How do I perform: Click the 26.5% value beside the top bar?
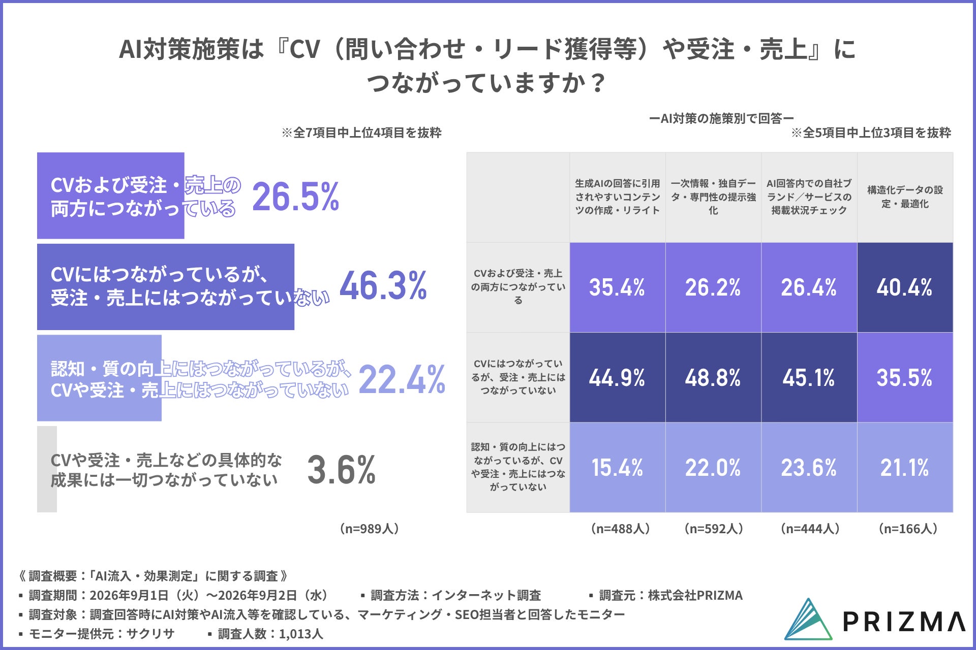click(295, 197)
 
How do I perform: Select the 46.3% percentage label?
click(383, 285)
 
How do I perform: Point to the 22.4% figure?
click(402, 379)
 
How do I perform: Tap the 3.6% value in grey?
click(341, 470)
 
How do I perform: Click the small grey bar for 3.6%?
click(47, 469)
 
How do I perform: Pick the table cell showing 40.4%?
click(905, 287)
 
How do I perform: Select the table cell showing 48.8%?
click(713, 378)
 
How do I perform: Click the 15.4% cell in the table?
click(617, 468)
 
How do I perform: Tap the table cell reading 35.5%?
click(905, 378)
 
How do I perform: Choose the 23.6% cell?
click(809, 468)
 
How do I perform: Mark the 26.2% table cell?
click(713, 287)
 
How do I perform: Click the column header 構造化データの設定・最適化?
click(905, 197)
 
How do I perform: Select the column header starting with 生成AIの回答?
click(617, 197)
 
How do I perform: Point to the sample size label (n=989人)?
click(369, 529)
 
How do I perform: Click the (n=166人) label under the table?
click(908, 529)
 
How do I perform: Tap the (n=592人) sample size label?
click(714, 529)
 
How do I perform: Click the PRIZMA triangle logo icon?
click(808, 620)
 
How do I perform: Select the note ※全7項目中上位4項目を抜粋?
click(361, 133)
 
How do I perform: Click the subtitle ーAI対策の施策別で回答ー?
click(721, 119)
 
